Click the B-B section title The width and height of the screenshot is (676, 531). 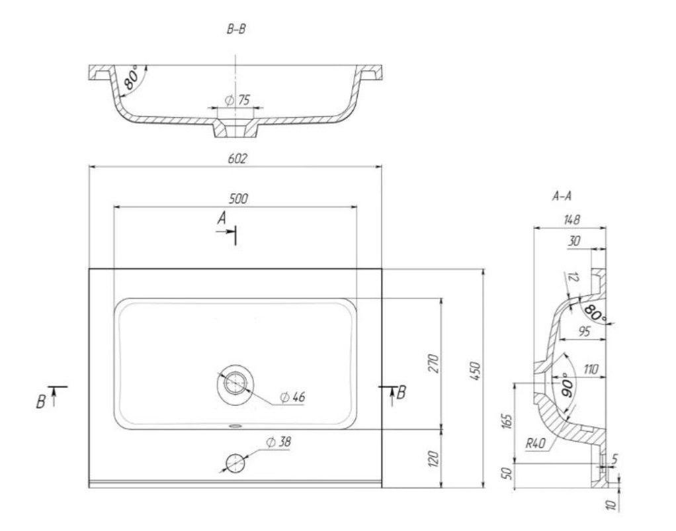tap(236, 29)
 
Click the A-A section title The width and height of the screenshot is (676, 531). tap(562, 197)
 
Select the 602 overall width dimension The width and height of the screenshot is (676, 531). tap(237, 158)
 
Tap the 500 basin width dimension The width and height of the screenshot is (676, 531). tap(238, 199)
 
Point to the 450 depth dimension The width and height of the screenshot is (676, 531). tap(475, 371)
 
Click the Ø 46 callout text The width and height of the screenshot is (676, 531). tap(292, 397)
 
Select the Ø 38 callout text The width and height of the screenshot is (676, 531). tap(278, 442)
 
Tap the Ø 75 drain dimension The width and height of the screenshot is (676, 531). tap(237, 100)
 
